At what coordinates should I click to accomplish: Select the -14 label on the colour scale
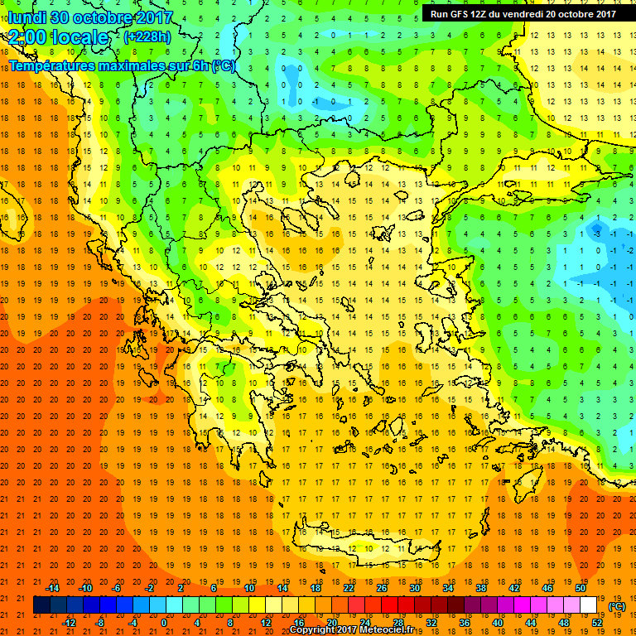(54, 587)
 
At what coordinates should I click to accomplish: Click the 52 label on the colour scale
(598, 622)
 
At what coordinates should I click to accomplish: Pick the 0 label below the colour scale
(164, 622)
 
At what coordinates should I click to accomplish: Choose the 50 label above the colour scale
(581, 587)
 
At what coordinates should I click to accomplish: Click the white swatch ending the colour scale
(589, 605)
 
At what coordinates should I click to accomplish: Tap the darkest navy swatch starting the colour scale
(41, 605)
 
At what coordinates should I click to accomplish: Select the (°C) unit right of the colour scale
(617, 605)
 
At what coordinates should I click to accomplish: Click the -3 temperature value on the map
(597, 234)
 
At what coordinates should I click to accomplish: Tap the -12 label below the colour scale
(70, 622)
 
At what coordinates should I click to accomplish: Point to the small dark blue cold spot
(595, 226)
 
